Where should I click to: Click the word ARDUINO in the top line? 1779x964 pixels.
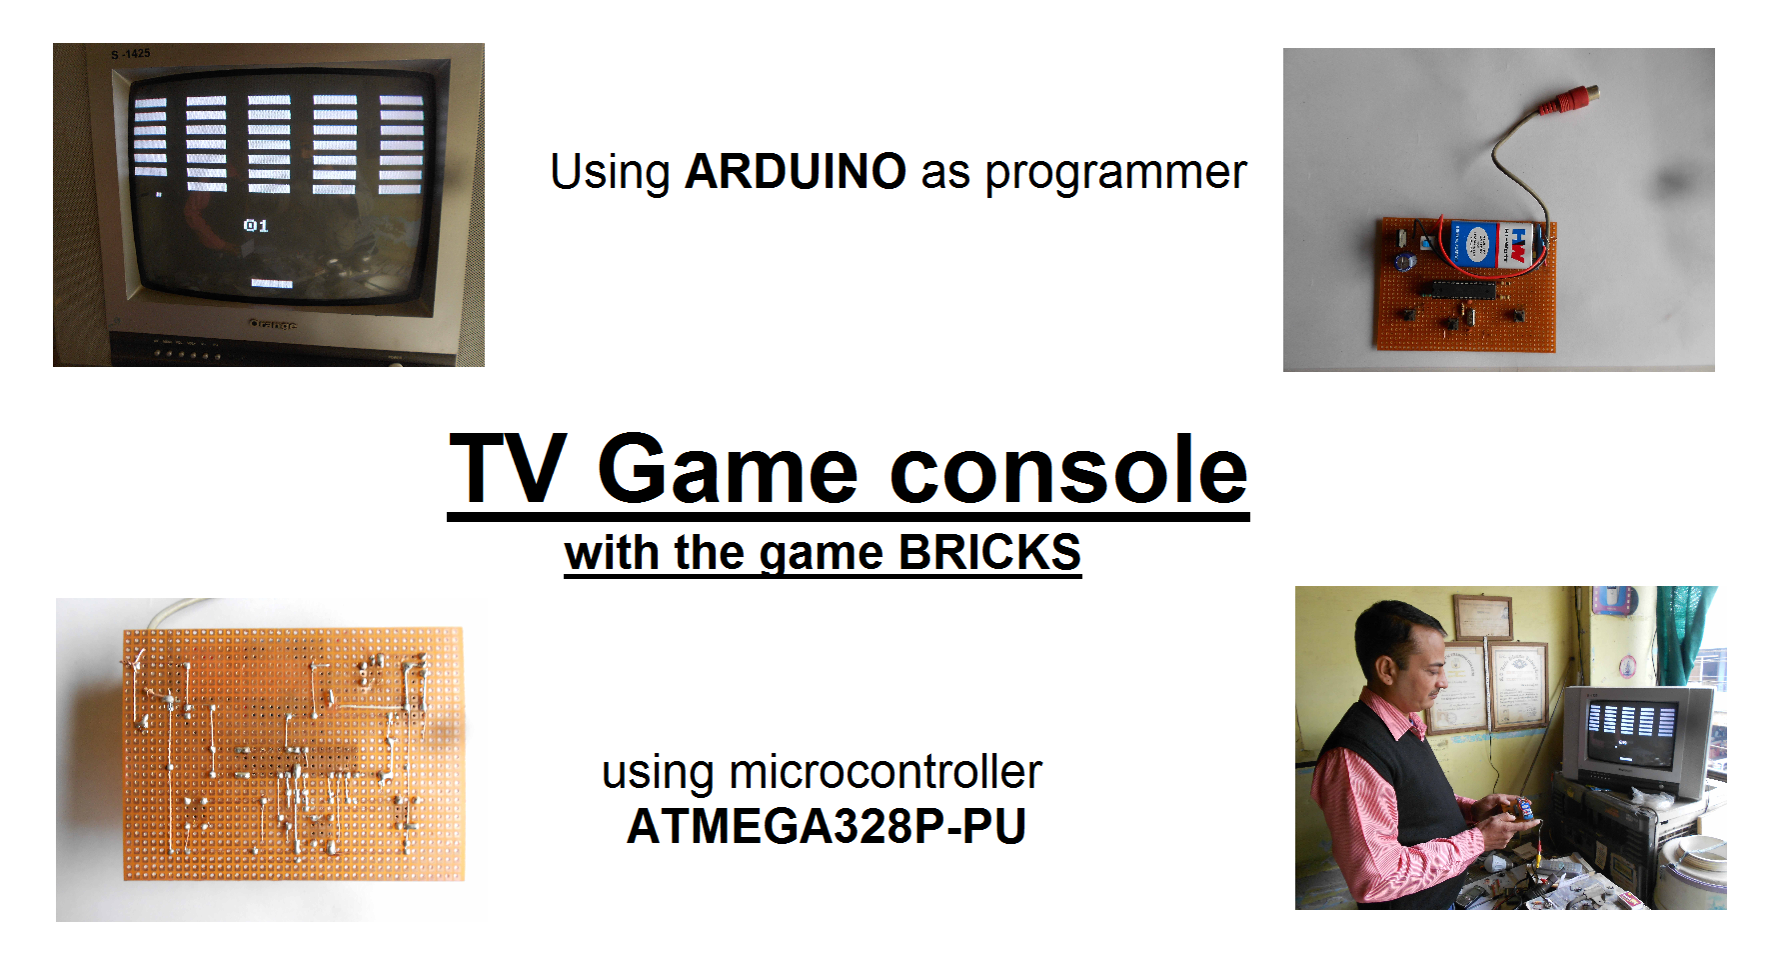pyautogui.click(x=796, y=171)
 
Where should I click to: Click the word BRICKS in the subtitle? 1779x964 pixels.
pyautogui.click(x=989, y=552)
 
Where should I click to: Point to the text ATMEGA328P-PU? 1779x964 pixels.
pyautogui.click(x=827, y=826)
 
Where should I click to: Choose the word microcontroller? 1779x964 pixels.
pyautogui.click(x=886, y=772)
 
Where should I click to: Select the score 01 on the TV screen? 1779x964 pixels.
pyautogui.click(x=256, y=225)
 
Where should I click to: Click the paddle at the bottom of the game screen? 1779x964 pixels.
pyautogui.click(x=271, y=284)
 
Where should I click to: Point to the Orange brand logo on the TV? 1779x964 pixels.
pyautogui.click(x=272, y=324)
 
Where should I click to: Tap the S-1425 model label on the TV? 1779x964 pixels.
pyautogui.click(x=131, y=54)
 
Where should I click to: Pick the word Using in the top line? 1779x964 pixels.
pyautogui.click(x=610, y=173)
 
